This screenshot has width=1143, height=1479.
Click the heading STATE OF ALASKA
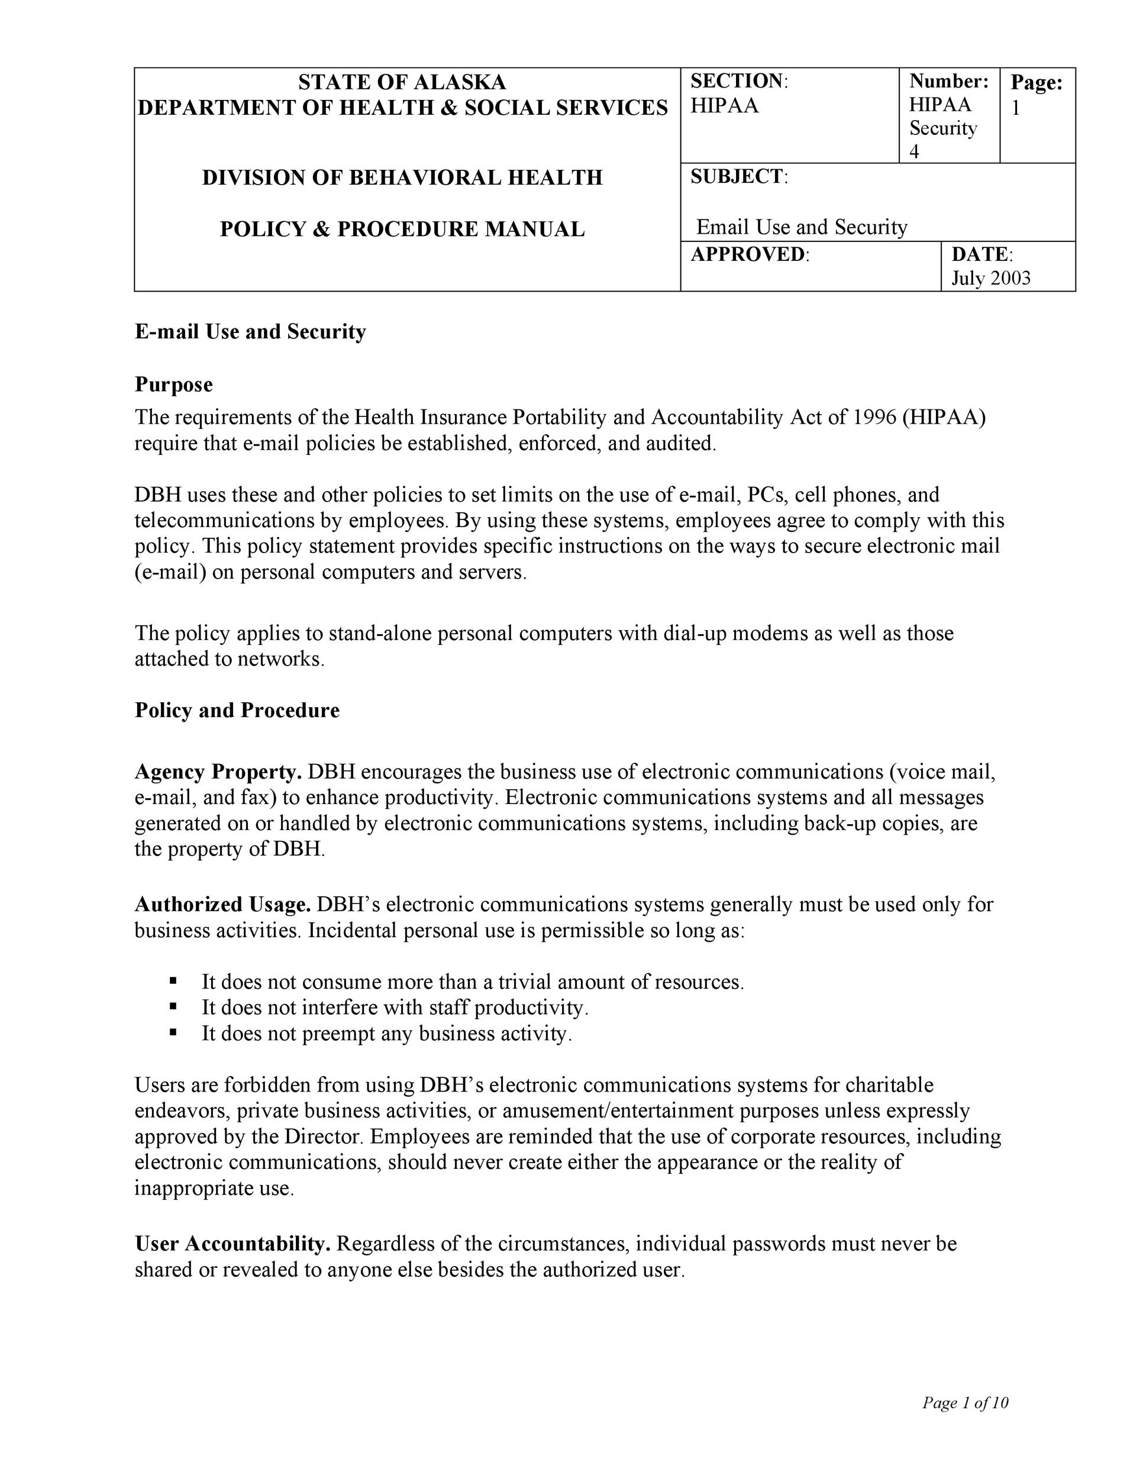pyautogui.click(x=402, y=82)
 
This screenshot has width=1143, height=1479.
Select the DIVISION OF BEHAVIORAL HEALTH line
pyautogui.click(x=402, y=177)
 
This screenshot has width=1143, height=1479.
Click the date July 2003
pyautogui.click(x=990, y=278)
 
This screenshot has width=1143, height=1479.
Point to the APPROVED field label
pyautogui.click(x=748, y=254)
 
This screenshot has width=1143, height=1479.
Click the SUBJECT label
pyautogui.click(x=737, y=177)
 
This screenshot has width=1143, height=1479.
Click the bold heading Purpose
pyautogui.click(x=173, y=385)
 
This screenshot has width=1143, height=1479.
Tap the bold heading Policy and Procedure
pyautogui.click(x=237, y=711)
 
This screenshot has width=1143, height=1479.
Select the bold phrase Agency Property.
pyautogui.click(x=218, y=772)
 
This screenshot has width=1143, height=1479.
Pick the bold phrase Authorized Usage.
pyautogui.click(x=223, y=905)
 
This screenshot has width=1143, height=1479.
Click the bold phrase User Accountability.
pyautogui.click(x=233, y=1244)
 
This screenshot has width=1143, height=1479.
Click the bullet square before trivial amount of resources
pyautogui.click(x=173, y=981)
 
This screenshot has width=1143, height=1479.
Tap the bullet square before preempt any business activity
pyautogui.click(x=173, y=1033)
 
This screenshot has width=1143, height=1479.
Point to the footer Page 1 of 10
pyautogui.click(x=965, y=1403)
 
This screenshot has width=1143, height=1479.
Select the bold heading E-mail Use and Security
pyautogui.click(x=250, y=332)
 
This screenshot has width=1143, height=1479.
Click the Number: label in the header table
pyautogui.click(x=948, y=81)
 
